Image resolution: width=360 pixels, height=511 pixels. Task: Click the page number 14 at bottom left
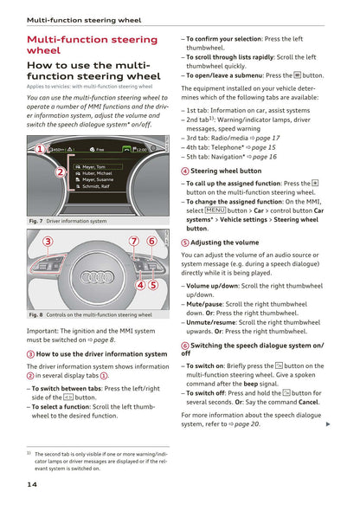31,484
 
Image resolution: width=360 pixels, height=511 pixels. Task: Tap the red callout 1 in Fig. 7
40,150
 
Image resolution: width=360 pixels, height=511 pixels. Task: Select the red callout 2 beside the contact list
60,171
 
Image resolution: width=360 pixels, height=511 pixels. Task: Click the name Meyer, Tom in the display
93,166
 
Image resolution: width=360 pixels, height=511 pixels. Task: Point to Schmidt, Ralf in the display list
95,186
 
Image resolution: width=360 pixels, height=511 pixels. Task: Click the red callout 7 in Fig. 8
134,241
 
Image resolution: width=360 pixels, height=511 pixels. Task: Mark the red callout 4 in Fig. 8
140,284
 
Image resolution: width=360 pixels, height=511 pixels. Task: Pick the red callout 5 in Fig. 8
153,284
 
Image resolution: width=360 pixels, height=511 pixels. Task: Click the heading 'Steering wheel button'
226,171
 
